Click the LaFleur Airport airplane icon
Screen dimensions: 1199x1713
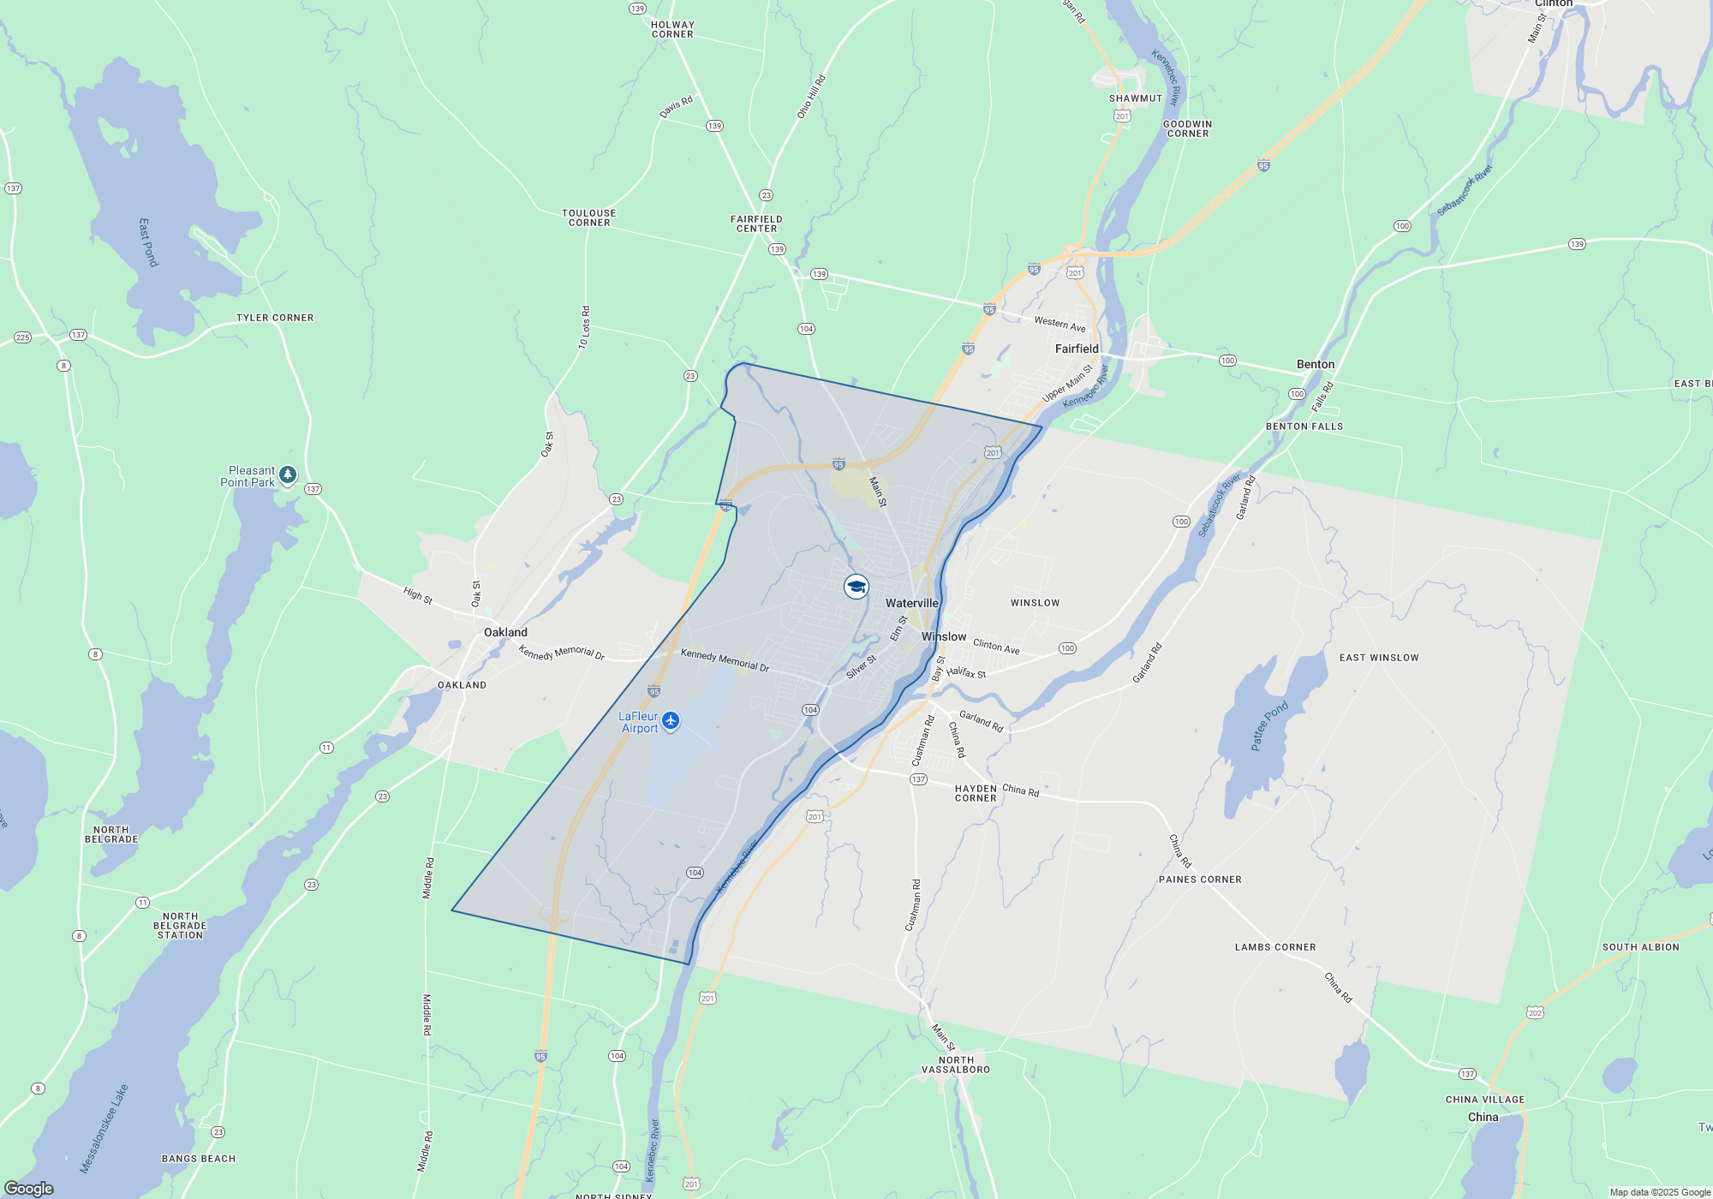pos(671,720)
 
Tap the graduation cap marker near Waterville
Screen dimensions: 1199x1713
pos(856,587)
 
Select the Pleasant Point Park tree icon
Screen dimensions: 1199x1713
pos(288,474)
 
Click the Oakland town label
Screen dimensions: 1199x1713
pos(505,632)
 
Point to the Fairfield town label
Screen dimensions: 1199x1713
pos(1077,349)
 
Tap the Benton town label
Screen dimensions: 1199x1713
pos(1315,364)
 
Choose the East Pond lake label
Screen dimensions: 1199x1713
pos(148,242)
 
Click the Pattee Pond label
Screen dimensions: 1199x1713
pos(1269,726)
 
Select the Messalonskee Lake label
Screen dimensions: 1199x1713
pos(104,1128)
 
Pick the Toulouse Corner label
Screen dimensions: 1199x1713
pos(588,218)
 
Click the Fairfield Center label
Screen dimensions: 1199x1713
pos(756,224)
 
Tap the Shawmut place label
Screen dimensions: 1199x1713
pos(1136,98)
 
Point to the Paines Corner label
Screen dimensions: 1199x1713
pos(1199,880)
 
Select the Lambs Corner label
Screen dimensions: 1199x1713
pos(1274,947)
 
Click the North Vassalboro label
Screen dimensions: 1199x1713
pos(956,1065)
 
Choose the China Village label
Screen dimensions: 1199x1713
pos(1484,1100)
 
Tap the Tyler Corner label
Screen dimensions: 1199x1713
pos(275,318)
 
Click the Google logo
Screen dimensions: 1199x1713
pos(29,1189)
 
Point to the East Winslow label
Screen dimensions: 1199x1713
pos(1378,658)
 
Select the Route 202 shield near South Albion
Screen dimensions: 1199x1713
pos(1535,1012)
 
